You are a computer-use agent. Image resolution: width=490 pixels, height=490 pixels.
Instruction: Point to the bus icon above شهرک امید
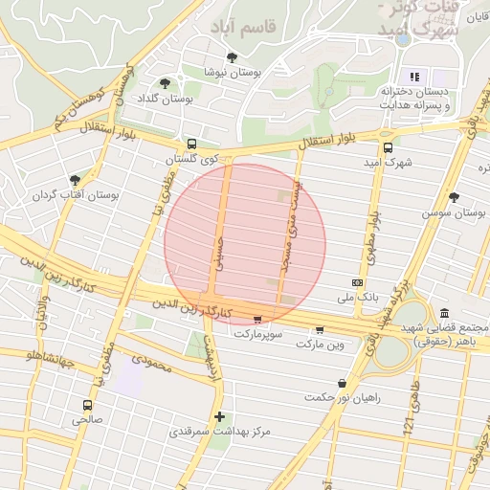(388, 147)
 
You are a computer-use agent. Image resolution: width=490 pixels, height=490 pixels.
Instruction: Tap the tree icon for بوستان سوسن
(454, 197)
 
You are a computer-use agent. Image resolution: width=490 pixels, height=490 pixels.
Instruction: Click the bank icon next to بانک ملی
(358, 283)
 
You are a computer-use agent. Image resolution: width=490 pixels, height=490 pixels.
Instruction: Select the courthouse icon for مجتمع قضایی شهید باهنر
(445, 313)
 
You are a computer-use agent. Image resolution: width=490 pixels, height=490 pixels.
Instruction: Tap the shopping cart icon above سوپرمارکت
(256, 320)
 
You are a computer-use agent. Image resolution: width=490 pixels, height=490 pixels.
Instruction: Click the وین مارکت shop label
(320, 343)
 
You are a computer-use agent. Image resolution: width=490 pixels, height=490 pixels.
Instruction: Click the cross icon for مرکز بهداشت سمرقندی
(220, 416)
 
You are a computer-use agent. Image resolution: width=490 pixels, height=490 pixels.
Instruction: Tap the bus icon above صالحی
(88, 405)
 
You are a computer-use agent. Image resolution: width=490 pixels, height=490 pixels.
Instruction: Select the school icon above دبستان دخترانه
(414, 77)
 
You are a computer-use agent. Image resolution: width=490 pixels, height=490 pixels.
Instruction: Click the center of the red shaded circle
(245, 245)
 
